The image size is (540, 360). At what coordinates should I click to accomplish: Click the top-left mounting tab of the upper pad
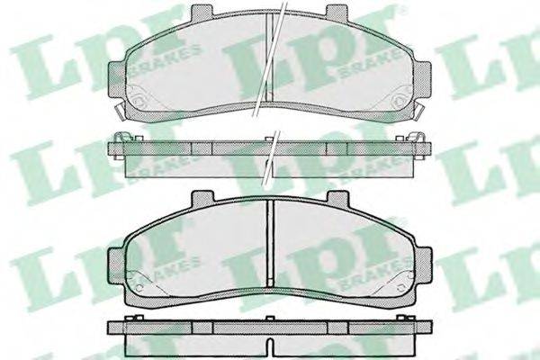(202, 11)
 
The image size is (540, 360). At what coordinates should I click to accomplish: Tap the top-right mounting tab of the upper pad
(337, 11)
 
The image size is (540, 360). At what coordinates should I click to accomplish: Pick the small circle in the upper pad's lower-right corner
(400, 100)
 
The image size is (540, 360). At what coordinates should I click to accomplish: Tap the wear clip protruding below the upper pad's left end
(120, 111)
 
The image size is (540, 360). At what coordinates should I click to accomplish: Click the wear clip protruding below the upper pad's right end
(419, 111)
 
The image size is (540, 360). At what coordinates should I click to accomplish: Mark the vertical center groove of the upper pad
(269, 57)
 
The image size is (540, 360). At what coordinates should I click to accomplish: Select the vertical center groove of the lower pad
(271, 243)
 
